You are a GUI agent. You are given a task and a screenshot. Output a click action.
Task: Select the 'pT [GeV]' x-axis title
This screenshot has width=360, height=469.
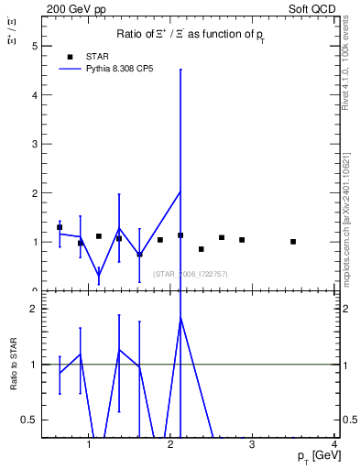click(x=312, y=456)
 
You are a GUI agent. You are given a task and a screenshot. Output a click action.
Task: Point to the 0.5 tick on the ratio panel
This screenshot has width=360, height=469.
click(x=30, y=420)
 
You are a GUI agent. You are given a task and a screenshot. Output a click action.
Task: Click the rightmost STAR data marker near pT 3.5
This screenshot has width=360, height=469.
click(x=293, y=242)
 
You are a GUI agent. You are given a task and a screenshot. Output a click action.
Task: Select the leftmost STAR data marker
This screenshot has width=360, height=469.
click(x=60, y=227)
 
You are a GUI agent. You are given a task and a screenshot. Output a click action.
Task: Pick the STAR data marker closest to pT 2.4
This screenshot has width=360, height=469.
click(x=202, y=249)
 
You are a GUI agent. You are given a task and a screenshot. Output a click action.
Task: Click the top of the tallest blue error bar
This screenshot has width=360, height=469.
click(x=180, y=69)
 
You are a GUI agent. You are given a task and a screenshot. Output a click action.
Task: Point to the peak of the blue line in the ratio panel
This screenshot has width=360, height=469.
click(x=180, y=318)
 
